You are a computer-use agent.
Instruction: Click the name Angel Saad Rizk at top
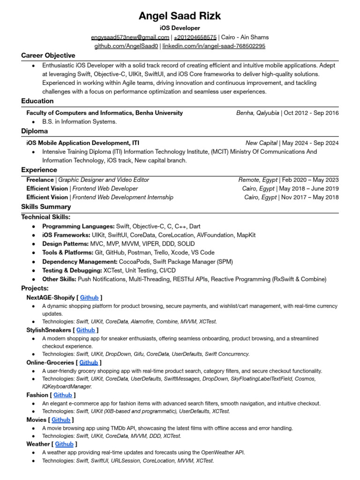(x=180, y=16)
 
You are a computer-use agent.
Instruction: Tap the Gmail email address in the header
(x=130, y=37)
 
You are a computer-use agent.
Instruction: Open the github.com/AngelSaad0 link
(x=126, y=46)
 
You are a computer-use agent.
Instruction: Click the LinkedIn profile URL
(x=214, y=46)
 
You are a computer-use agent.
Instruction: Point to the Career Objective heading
(x=48, y=55)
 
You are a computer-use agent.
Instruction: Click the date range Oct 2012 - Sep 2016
(x=311, y=113)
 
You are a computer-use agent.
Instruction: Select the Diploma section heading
(x=34, y=131)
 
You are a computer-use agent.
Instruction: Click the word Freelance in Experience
(x=40, y=180)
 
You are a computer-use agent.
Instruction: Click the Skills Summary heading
(x=46, y=207)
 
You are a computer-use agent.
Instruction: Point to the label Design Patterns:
(x=65, y=244)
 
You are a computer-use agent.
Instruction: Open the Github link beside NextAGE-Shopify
(x=90, y=297)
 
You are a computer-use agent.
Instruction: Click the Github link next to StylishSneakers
(x=86, y=330)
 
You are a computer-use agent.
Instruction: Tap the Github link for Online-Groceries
(x=89, y=362)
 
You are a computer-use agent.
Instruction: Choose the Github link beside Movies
(x=61, y=420)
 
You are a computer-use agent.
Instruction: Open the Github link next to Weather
(x=64, y=444)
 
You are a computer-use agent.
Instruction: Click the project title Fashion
(x=37, y=395)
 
